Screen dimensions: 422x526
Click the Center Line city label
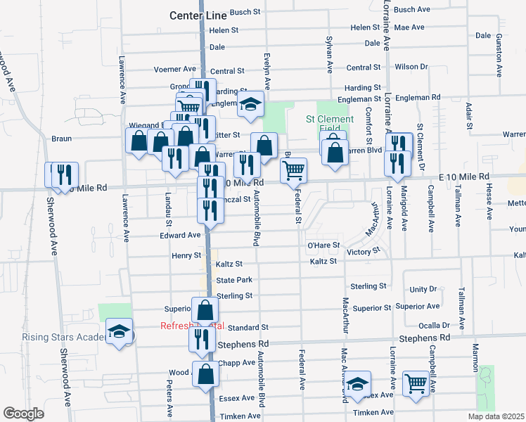pyautogui.click(x=196, y=15)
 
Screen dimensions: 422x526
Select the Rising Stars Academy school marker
pyautogui.click(x=119, y=332)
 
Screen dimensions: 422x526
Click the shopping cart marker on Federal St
pyautogui.click(x=293, y=170)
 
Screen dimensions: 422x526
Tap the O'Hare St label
pyautogui.click(x=323, y=245)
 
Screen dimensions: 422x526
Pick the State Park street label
pyautogui.click(x=234, y=280)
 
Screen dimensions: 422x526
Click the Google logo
pyautogui.click(x=23, y=414)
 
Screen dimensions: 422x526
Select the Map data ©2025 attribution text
pyautogui.click(x=495, y=416)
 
